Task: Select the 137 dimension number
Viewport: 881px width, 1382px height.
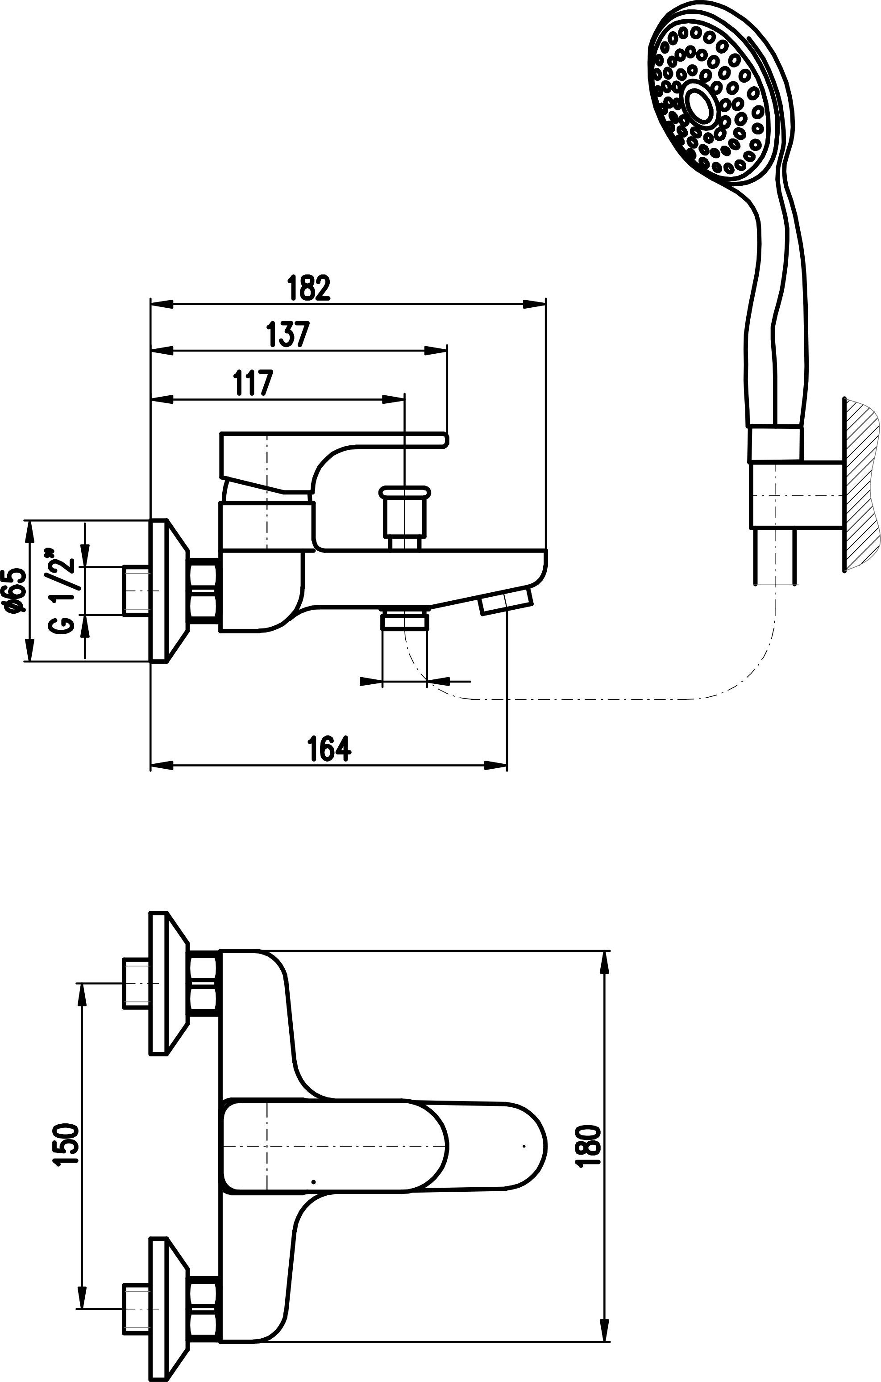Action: pyautogui.click(x=288, y=335)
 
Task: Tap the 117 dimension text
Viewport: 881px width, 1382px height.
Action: pyautogui.click(x=253, y=383)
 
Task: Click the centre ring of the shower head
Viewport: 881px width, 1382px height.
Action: pyautogui.click(x=698, y=101)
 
